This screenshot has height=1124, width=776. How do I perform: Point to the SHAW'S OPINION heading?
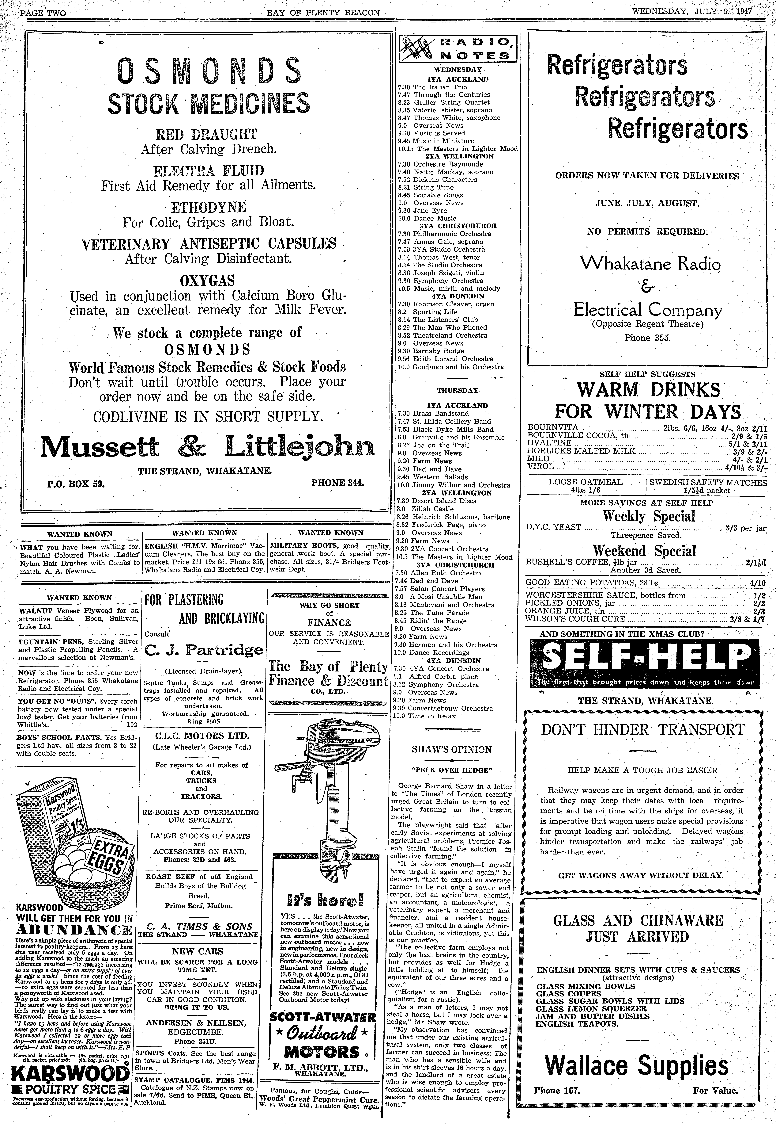click(x=452, y=750)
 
